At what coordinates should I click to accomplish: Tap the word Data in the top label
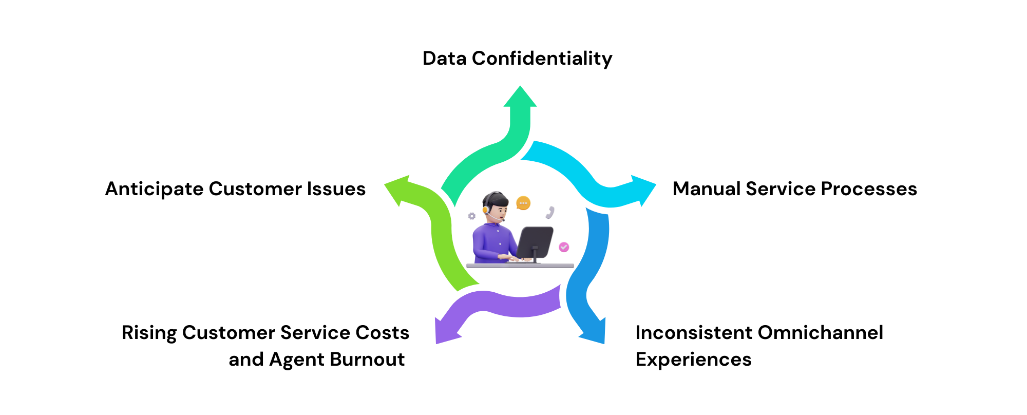tap(444, 59)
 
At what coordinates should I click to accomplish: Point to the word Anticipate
tap(154, 189)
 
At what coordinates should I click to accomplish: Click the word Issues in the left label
tap(336, 189)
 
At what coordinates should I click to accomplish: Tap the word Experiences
tap(693, 360)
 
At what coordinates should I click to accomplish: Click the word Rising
tap(149, 333)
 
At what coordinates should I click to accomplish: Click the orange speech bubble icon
tap(523, 203)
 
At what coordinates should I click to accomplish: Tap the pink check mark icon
tap(564, 247)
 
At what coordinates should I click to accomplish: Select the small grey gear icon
tap(471, 216)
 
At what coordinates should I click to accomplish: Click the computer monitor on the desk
tap(535, 242)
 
